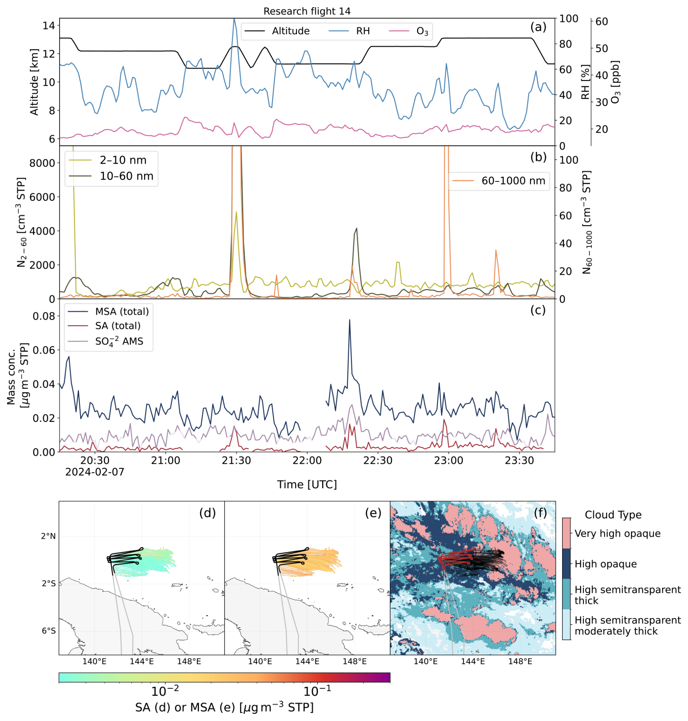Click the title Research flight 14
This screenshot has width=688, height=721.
click(x=307, y=11)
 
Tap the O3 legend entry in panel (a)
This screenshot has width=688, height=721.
click(x=409, y=31)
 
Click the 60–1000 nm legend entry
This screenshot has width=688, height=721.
click(x=499, y=181)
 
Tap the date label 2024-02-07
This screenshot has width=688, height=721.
click(x=95, y=472)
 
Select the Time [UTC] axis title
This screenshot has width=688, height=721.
click(x=307, y=485)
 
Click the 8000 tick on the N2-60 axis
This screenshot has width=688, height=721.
click(x=42, y=163)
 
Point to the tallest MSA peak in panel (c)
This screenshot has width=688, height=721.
click(x=349, y=320)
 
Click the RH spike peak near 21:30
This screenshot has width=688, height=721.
click(x=234, y=19)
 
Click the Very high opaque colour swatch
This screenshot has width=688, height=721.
click(x=566, y=533)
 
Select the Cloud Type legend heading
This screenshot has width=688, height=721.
click(x=613, y=515)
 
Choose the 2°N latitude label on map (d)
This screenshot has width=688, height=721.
click(x=48, y=537)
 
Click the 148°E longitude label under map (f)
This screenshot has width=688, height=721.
click(x=521, y=662)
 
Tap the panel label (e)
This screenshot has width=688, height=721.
click(x=373, y=513)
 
